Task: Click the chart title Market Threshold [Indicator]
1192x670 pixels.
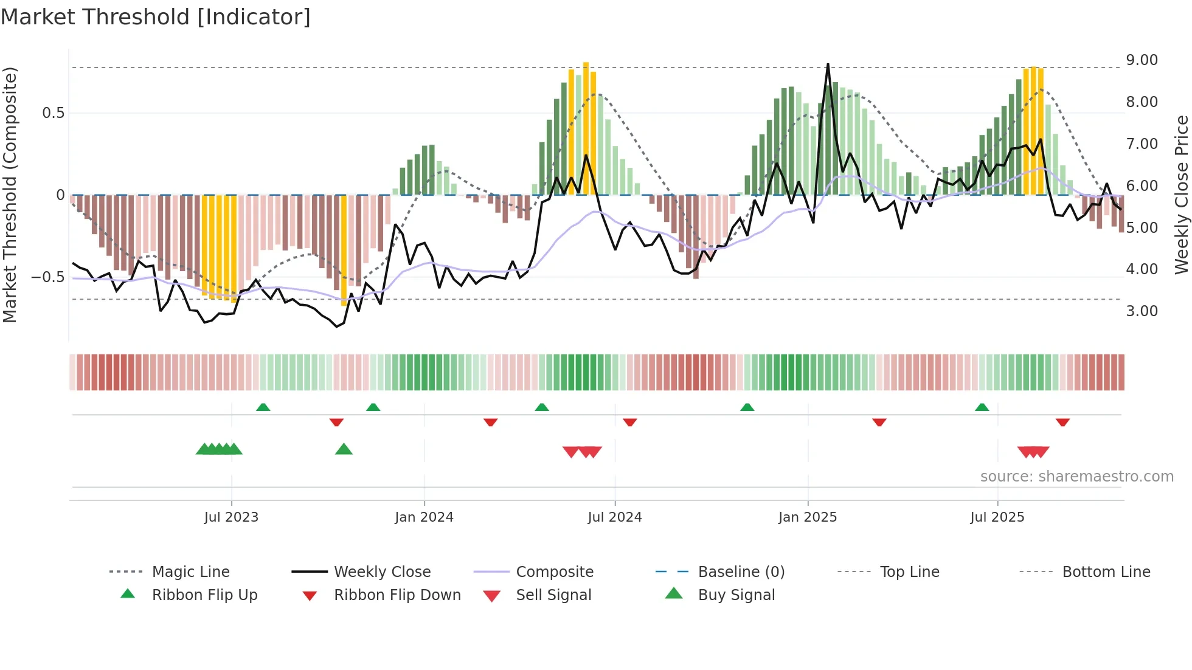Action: coord(156,17)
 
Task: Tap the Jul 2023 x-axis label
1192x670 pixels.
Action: coord(231,517)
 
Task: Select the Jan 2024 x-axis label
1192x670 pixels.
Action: coord(424,517)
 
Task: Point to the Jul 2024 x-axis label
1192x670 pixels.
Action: coord(614,517)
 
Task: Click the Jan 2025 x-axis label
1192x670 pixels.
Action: coord(808,517)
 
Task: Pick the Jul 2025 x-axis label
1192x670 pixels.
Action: coord(997,517)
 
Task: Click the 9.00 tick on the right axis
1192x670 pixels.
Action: coord(1142,60)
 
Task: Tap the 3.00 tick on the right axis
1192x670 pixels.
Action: coord(1142,311)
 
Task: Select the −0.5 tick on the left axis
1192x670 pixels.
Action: coord(47,277)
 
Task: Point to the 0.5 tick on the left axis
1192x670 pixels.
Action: coord(53,113)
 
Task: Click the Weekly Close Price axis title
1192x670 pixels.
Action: coord(1181,195)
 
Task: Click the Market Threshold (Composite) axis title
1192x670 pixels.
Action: coord(10,195)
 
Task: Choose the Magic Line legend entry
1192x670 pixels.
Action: coord(190,572)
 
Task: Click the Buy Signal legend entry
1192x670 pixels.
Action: coord(736,595)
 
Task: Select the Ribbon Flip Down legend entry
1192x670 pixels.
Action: coord(397,595)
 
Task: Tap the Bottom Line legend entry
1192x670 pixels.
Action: coord(1106,572)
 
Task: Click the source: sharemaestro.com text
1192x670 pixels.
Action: coord(1076,477)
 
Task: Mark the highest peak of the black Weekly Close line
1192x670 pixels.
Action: coord(828,64)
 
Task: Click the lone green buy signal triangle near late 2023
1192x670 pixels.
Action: coord(344,449)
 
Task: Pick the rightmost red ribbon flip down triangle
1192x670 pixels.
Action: coord(1062,422)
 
